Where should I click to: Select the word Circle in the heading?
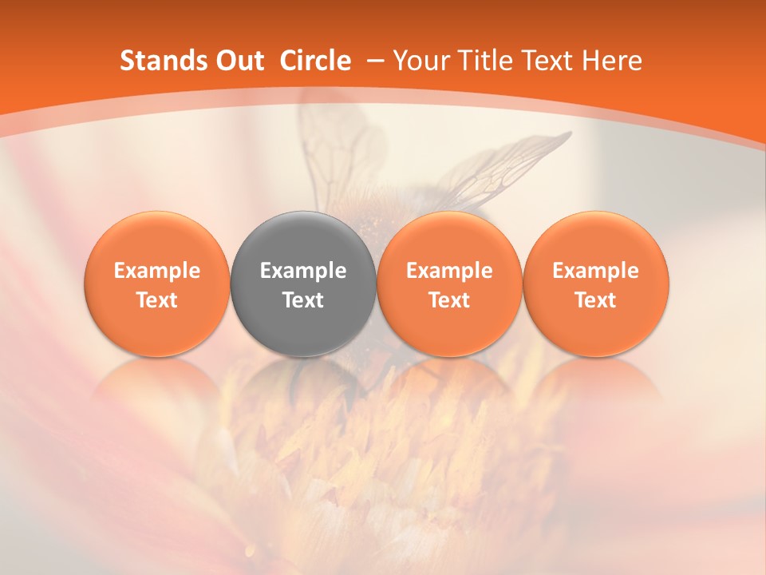tap(315, 61)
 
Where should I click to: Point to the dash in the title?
tap(375, 61)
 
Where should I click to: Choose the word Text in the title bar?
tap(544, 61)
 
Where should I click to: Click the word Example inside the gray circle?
tap(303, 271)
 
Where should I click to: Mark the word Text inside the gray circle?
tap(303, 300)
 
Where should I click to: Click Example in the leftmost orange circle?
tap(157, 271)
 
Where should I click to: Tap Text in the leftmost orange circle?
tap(157, 300)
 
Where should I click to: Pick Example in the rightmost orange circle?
tap(595, 271)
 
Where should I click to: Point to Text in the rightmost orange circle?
tap(595, 300)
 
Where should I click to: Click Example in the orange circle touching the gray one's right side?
tap(449, 271)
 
